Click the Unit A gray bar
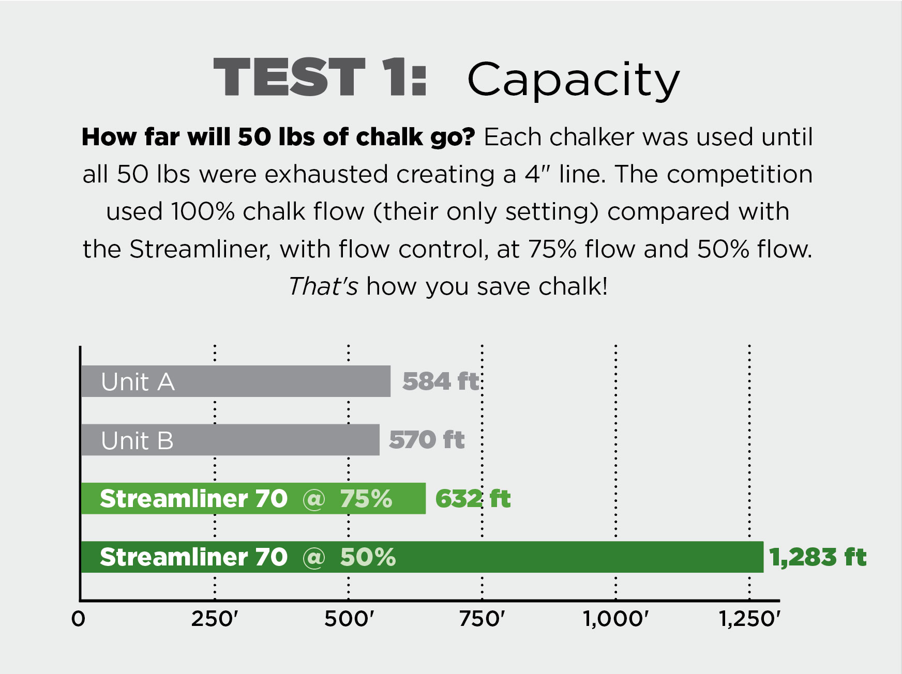point(236,381)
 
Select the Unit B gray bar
point(230,440)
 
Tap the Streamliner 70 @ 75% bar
point(253,498)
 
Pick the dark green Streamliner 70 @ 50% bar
point(422,557)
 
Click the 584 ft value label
point(441,381)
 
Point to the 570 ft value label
point(427,440)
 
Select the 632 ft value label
point(473,499)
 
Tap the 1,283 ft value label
point(818,557)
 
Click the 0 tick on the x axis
point(78,618)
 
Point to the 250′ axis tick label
point(215,618)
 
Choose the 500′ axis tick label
point(349,618)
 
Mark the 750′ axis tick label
point(482,618)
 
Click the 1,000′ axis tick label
point(615,618)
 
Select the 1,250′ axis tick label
point(749,618)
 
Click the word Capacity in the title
point(573,81)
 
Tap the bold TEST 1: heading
point(320,77)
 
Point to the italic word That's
point(323,286)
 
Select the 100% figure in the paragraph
point(203,211)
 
